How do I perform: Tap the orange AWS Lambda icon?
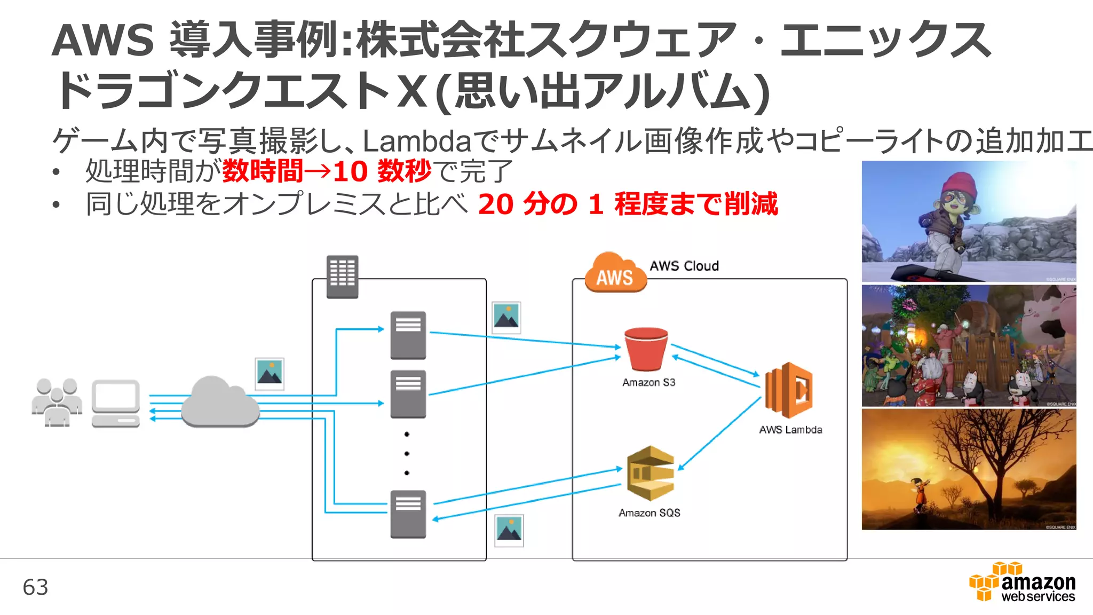click(x=788, y=390)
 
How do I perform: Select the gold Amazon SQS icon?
click(x=650, y=473)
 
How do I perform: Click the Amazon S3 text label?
click(x=648, y=383)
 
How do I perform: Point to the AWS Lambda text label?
click(x=790, y=430)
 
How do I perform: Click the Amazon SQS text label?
click(x=649, y=513)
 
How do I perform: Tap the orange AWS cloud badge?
click(x=614, y=273)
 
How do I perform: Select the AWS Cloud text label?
click(x=684, y=266)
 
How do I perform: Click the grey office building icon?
click(x=342, y=276)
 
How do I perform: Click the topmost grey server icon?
click(x=408, y=335)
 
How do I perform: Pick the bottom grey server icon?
click(x=408, y=514)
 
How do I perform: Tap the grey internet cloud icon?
click(x=219, y=403)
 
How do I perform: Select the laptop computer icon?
click(x=115, y=403)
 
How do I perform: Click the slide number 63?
click(x=35, y=587)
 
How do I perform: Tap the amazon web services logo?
click(x=1022, y=583)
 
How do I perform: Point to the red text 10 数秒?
click(x=382, y=171)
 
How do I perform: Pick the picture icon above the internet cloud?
click(x=270, y=374)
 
